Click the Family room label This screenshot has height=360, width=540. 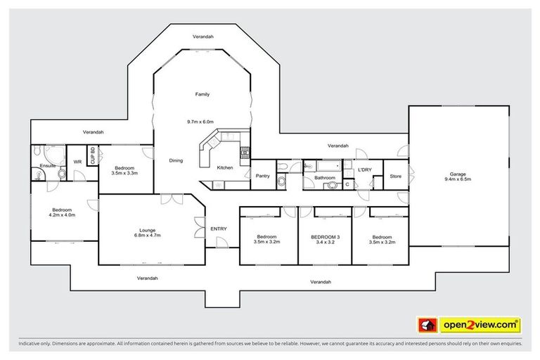(202, 94)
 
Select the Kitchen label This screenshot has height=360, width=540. (224, 167)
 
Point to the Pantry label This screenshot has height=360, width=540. (263, 176)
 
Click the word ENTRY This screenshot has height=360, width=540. (219, 229)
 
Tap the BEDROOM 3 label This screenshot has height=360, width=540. (326, 237)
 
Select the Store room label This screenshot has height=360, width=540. (396, 176)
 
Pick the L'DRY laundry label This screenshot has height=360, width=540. (364, 170)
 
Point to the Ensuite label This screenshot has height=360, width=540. (48, 166)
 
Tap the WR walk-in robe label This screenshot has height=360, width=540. (77, 162)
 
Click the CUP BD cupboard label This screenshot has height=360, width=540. (93, 155)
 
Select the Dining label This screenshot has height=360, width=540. (176, 160)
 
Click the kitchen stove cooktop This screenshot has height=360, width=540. (245, 152)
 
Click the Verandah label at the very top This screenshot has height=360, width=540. (203, 36)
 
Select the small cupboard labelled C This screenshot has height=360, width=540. (347, 184)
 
